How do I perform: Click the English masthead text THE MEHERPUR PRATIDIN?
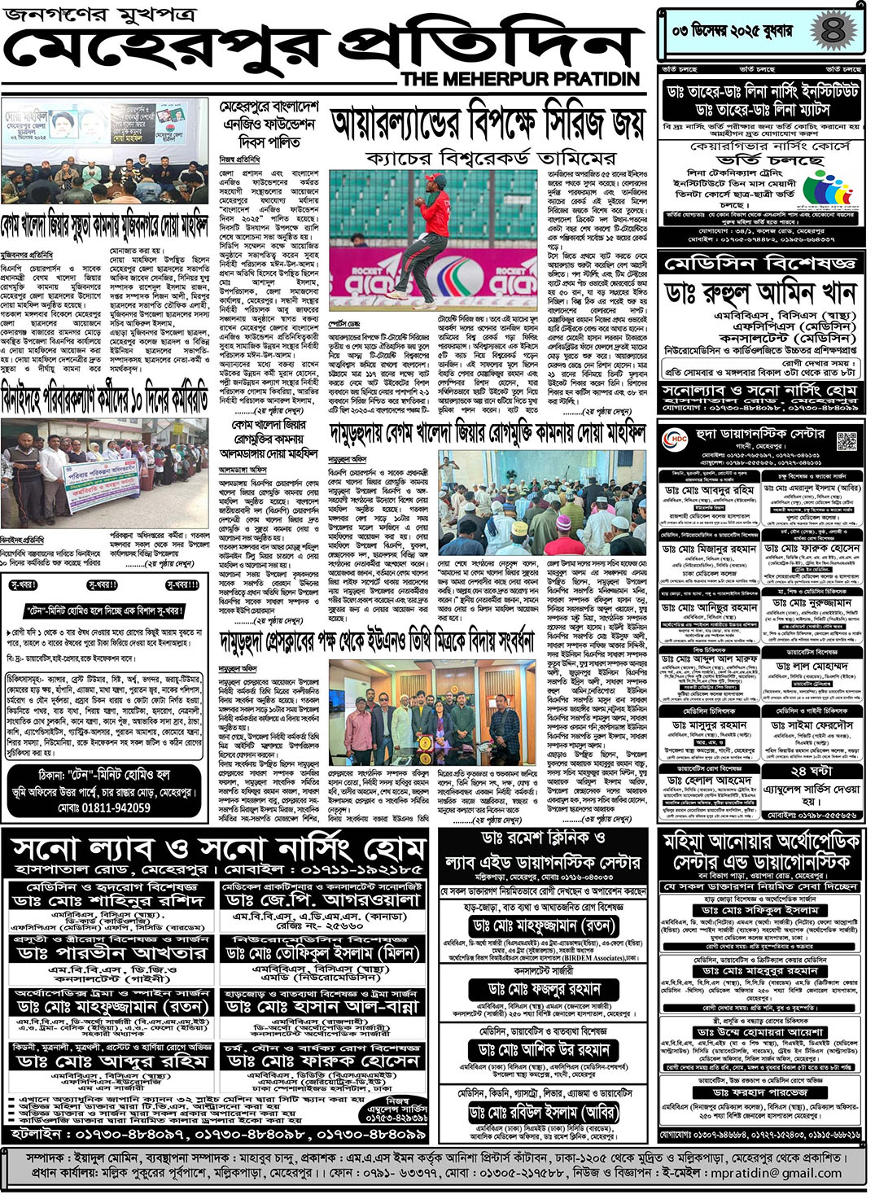(520, 79)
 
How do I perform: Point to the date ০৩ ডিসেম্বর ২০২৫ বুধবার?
(732, 31)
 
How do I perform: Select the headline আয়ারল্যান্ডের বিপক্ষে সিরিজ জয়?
(488, 125)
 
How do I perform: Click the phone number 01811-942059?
(104, 808)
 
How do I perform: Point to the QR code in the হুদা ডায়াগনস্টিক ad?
(846, 442)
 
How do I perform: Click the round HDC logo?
(676, 440)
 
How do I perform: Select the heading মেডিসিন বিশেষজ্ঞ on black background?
(759, 264)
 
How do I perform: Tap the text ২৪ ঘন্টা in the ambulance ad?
(810, 771)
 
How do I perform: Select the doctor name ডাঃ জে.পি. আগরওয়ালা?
(324, 899)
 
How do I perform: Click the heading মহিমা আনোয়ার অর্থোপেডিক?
(760, 841)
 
